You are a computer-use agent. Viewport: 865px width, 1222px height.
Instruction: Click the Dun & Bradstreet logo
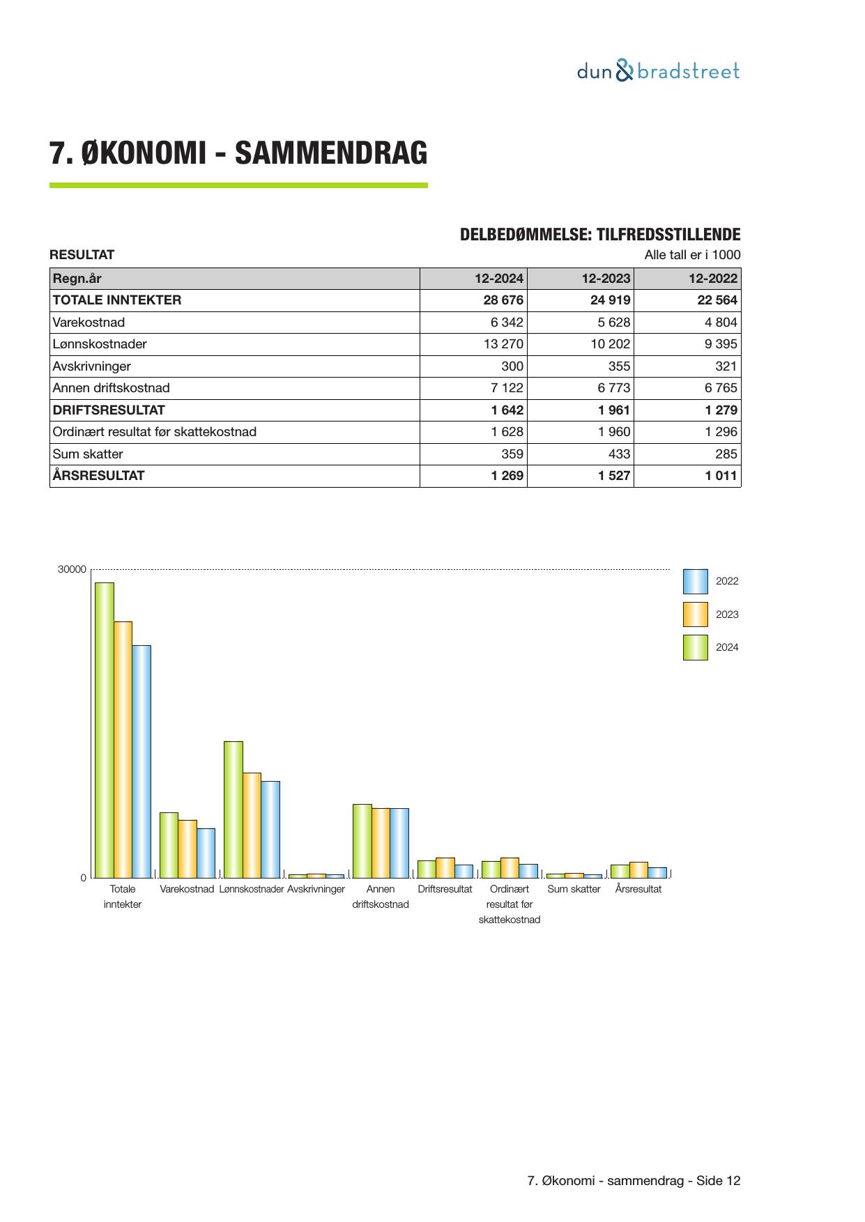point(658,71)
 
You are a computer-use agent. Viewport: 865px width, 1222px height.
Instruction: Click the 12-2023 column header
point(606,279)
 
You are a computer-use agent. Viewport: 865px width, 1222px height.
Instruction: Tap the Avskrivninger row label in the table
point(92,366)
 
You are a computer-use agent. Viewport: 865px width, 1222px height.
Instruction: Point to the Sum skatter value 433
point(614,454)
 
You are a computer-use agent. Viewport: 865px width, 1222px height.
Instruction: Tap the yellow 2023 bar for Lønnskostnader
point(252,825)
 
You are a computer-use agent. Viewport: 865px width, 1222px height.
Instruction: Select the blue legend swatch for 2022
point(695,581)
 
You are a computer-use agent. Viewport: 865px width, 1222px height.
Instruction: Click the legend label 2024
point(727,647)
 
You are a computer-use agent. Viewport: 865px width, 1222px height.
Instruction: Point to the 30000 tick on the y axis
point(72,569)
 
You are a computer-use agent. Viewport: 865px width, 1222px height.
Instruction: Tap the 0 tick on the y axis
point(84,878)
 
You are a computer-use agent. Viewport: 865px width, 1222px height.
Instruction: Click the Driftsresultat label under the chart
point(445,889)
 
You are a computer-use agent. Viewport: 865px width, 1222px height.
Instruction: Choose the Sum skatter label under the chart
point(574,889)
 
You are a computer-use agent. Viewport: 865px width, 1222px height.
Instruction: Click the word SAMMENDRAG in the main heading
point(330,153)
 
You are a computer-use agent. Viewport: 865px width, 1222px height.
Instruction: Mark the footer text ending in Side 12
point(634,1180)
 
